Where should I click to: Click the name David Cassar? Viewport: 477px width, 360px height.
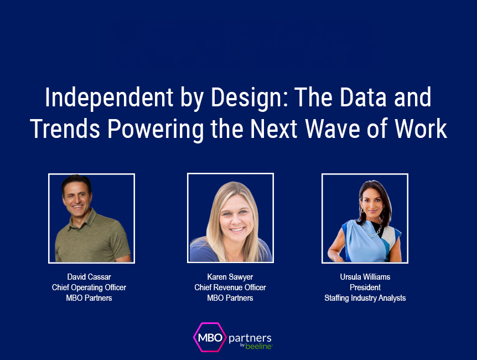(x=89, y=276)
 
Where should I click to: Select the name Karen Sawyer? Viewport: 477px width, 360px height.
(x=230, y=276)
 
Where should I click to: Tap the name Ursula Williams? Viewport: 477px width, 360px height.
(x=365, y=276)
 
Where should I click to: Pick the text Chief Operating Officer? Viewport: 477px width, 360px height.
(x=89, y=287)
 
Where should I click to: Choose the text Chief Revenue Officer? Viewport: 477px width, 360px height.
(x=230, y=287)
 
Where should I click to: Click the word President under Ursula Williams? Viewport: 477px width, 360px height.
(x=365, y=287)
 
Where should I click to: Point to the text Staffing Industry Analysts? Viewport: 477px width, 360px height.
(x=365, y=298)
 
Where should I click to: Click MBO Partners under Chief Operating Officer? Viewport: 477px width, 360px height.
(x=89, y=298)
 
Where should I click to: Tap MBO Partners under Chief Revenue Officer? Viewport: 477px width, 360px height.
(x=230, y=298)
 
